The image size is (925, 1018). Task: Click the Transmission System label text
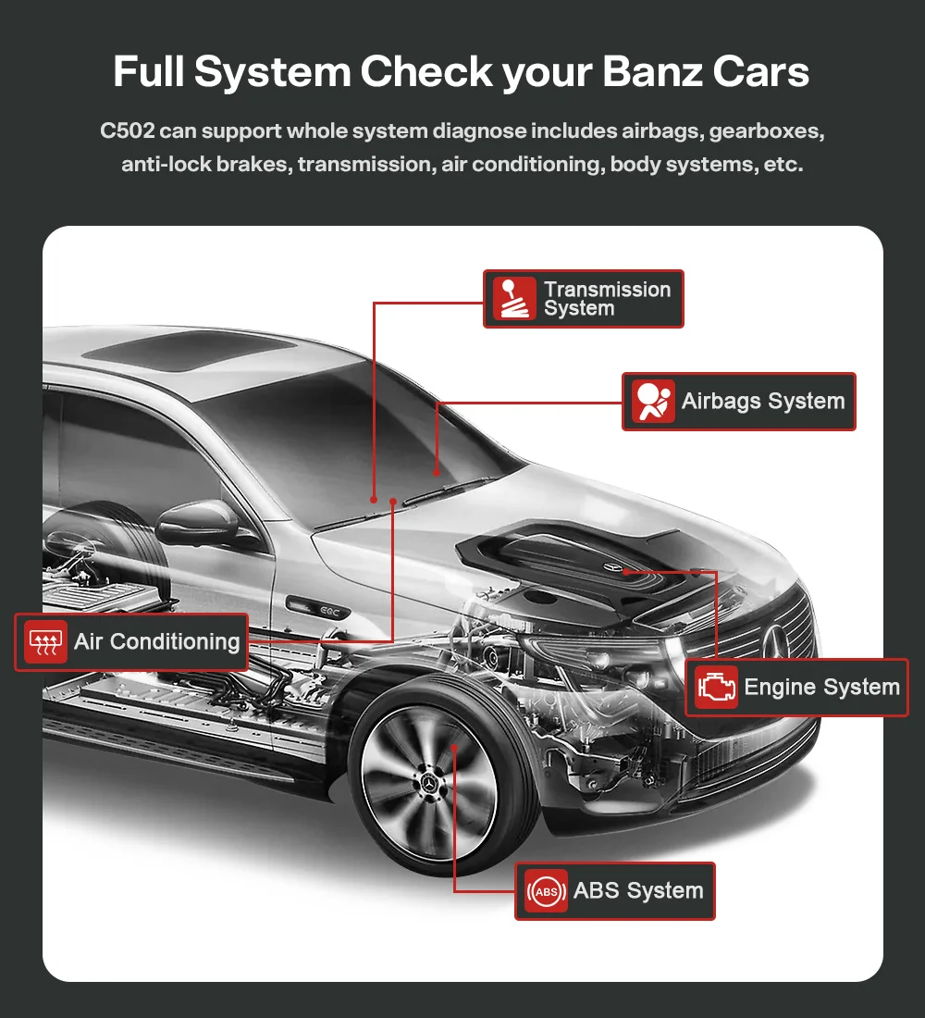click(x=606, y=299)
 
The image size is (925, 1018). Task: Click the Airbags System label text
click(x=763, y=402)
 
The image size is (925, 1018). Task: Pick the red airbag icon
click(x=653, y=402)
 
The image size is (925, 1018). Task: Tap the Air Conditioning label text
click(x=156, y=642)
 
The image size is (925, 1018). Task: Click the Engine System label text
click(x=821, y=688)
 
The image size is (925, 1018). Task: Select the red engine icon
click(x=717, y=688)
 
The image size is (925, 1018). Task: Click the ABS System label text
click(x=638, y=891)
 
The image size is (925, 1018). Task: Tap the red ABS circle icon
click(x=546, y=891)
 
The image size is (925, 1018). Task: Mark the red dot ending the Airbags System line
click(x=436, y=472)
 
